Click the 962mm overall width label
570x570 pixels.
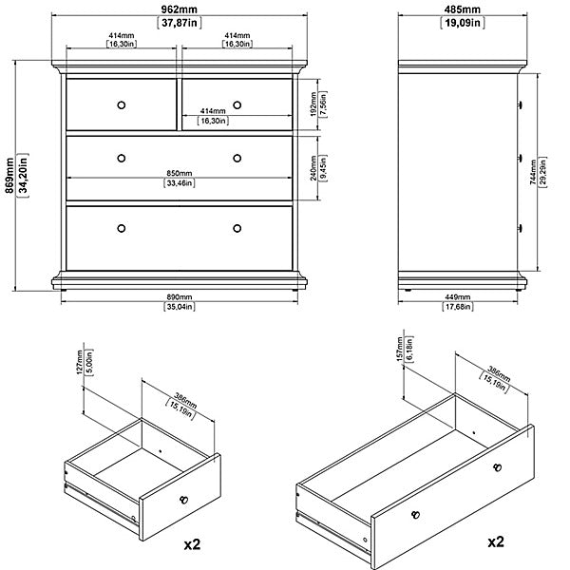point(179,9)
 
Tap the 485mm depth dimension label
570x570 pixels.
point(462,9)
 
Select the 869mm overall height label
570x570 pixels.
point(9,176)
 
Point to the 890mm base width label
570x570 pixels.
point(179,297)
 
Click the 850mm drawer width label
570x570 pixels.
point(180,174)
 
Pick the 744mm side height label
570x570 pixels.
point(533,172)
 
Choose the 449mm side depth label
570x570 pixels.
point(458,297)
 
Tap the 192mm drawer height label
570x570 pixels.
point(313,104)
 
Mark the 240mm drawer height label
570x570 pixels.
point(313,168)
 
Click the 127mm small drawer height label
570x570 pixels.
point(80,362)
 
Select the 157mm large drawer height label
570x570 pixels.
point(400,349)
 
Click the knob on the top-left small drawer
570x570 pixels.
point(122,105)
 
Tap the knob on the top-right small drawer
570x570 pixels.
point(237,105)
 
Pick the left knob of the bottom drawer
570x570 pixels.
point(122,228)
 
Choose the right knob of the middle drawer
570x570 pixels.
point(237,158)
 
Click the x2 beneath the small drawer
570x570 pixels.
point(192,544)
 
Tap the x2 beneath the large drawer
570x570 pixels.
point(496,541)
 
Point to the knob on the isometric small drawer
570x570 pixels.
point(184,500)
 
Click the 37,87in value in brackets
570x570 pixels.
point(180,23)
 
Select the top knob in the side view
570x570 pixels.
point(521,105)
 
